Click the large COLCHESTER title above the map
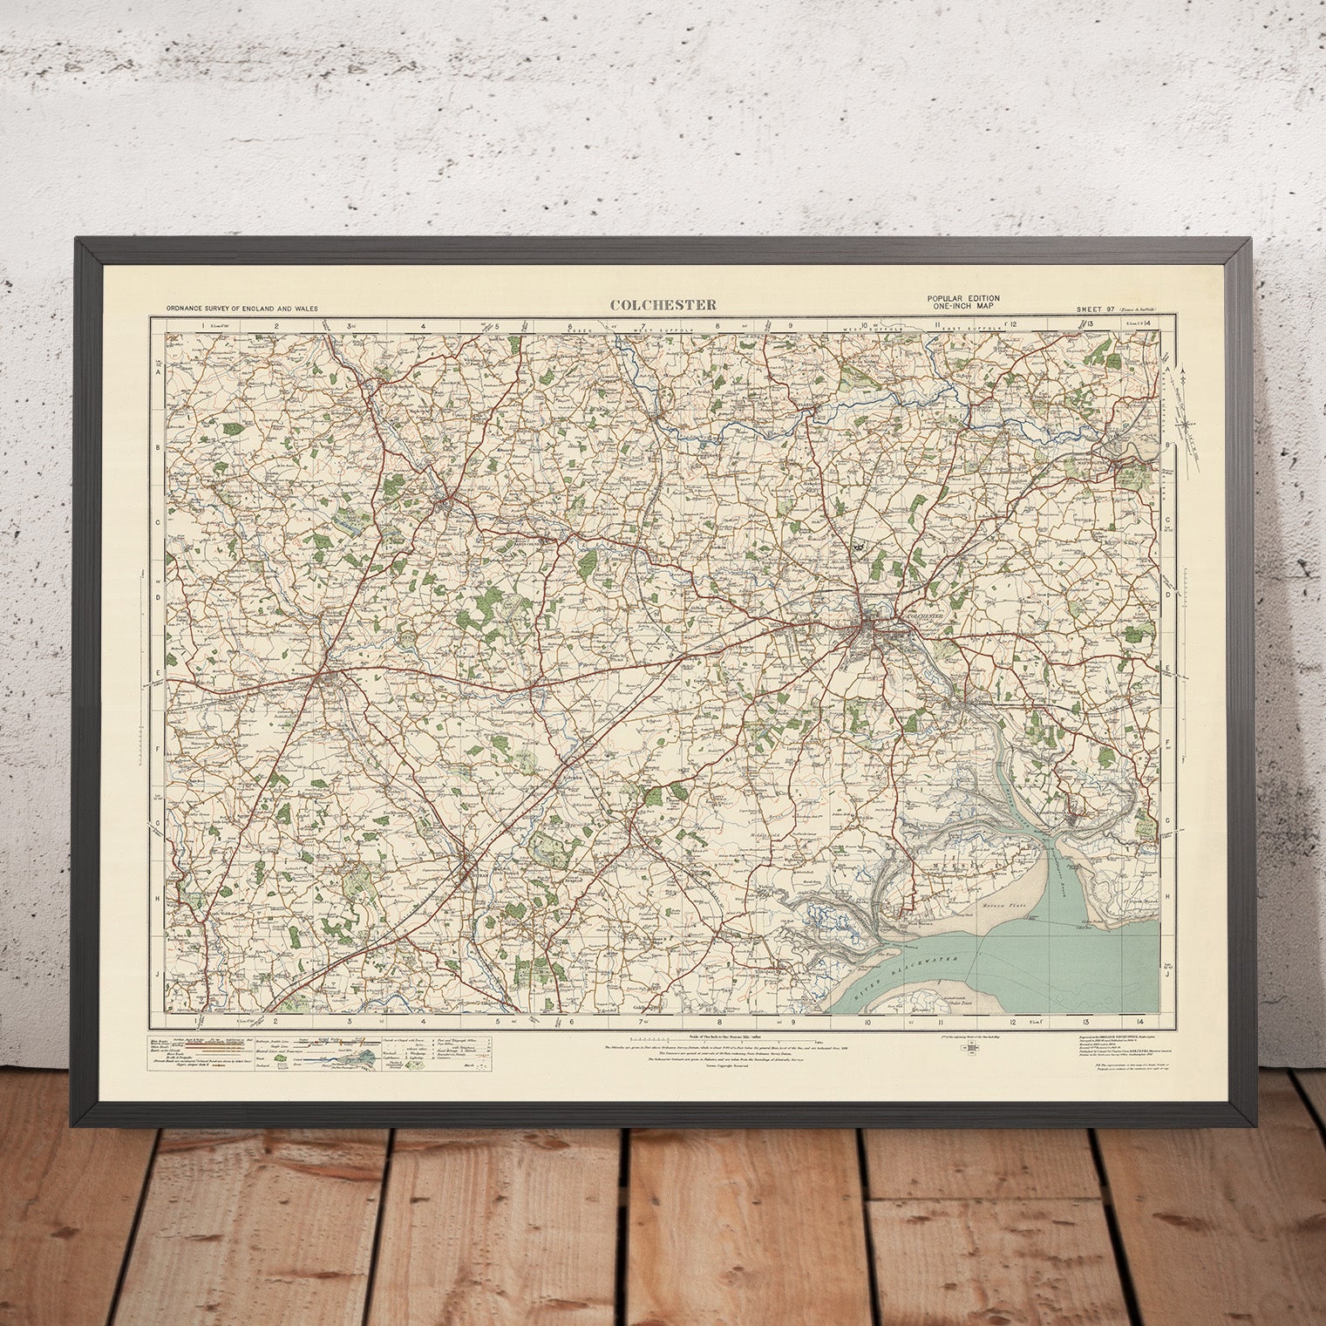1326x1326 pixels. click(663, 304)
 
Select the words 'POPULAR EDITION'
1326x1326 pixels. click(962, 299)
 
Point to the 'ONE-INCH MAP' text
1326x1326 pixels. click(962, 308)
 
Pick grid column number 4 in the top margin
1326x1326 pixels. click(423, 327)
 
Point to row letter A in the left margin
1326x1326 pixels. click(159, 371)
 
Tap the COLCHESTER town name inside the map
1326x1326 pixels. click(927, 615)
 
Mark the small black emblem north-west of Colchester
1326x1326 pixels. click(860, 544)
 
